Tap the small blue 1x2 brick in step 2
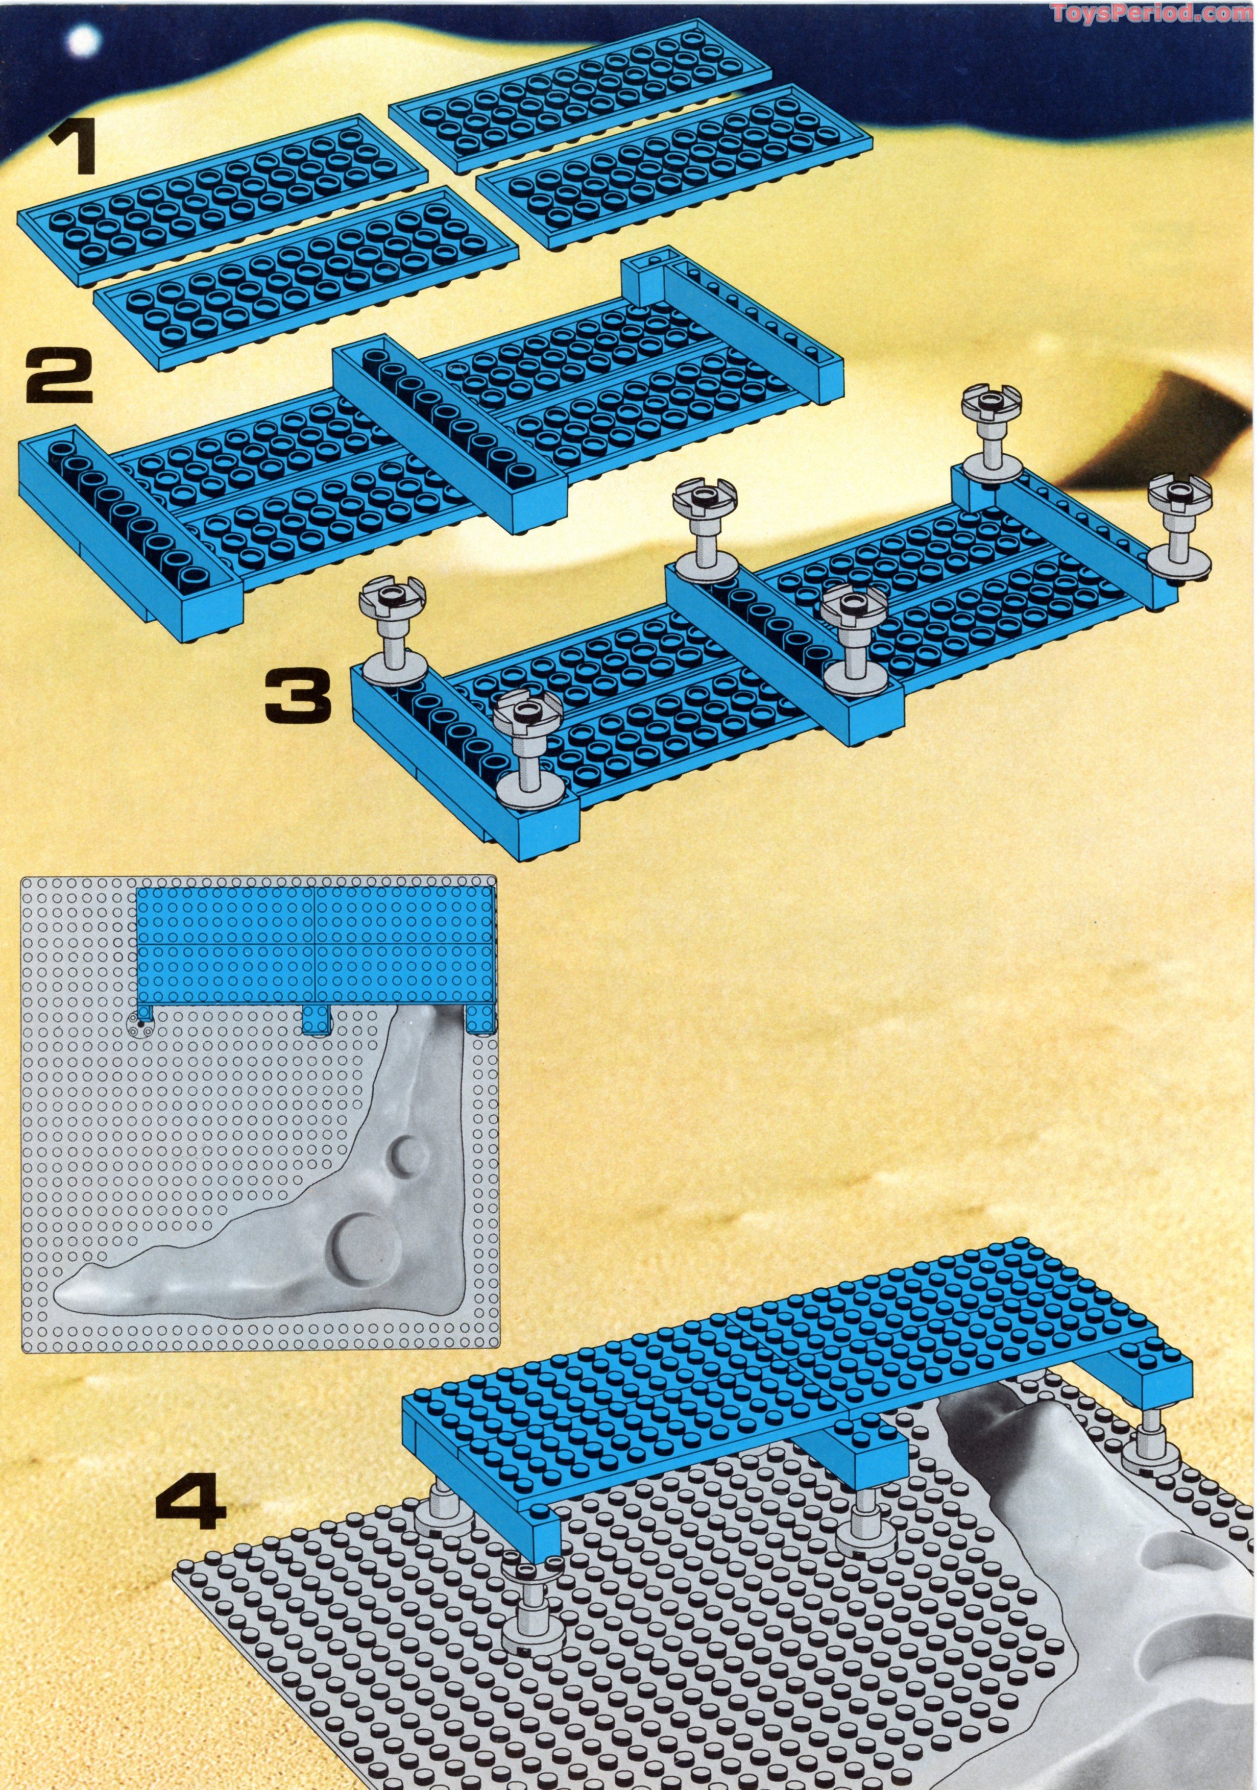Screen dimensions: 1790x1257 [x=642, y=282]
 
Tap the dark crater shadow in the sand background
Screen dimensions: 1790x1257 [x=1123, y=448]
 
